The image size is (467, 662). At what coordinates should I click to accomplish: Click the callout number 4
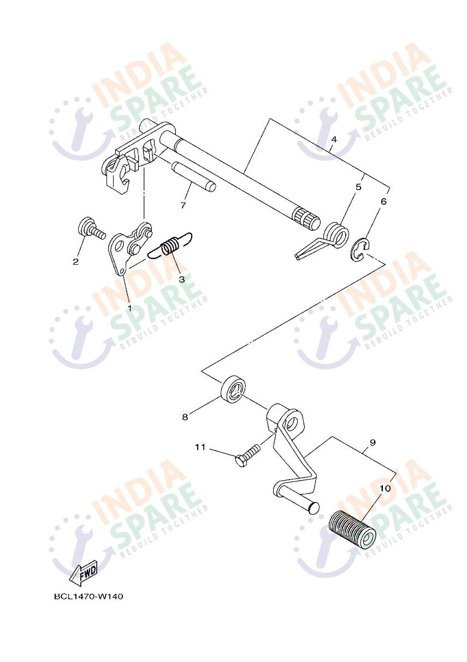[334, 139]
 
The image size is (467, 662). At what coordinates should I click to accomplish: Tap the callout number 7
[183, 205]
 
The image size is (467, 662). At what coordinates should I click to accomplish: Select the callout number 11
[200, 447]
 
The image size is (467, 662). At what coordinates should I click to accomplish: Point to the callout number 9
[373, 443]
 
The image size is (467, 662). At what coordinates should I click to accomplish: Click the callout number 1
[129, 308]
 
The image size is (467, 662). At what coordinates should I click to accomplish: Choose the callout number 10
[385, 488]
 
